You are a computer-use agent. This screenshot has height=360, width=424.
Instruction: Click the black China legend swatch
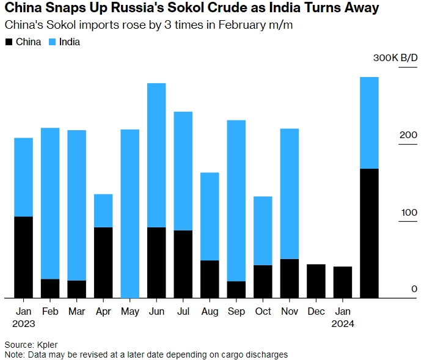(x=9, y=42)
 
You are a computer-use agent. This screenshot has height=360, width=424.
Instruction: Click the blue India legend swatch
(x=53, y=42)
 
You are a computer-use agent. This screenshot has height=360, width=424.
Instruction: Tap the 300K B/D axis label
(x=395, y=58)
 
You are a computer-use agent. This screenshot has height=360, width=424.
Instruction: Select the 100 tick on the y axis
(x=409, y=212)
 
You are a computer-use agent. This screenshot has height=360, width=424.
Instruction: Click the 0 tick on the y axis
(x=414, y=289)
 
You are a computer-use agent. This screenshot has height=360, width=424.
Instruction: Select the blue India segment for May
(x=130, y=213)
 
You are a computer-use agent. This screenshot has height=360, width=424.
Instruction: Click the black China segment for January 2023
(x=23, y=257)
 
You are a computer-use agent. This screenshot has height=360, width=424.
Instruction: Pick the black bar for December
(x=316, y=281)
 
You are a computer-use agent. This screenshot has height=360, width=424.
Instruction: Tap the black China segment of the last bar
(x=369, y=233)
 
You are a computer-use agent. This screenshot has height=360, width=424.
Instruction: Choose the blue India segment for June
(x=156, y=155)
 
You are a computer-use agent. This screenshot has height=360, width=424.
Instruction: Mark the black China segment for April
(x=103, y=262)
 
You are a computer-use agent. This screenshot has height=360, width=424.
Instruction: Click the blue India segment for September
(x=236, y=200)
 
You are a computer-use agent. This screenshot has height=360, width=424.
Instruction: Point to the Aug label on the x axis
(x=210, y=311)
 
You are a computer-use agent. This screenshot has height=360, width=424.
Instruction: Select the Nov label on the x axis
(x=290, y=311)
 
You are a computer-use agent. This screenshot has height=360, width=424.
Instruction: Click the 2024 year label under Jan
(x=342, y=324)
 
